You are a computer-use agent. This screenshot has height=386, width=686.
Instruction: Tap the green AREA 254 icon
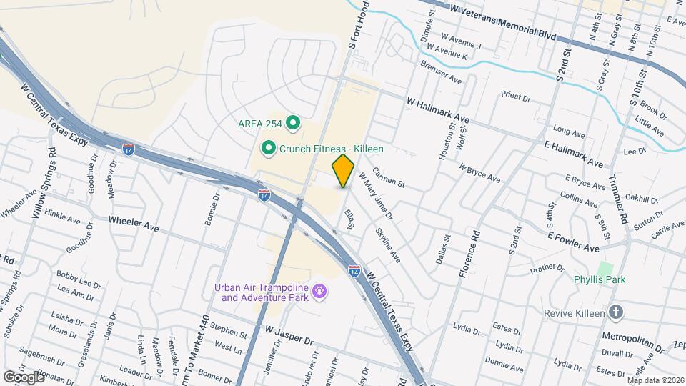(292, 124)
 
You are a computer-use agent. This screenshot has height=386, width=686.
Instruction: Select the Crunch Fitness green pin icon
(269, 149)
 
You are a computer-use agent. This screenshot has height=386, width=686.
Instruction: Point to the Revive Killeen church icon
(617, 312)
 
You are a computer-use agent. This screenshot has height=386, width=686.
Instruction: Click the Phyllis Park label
(600, 279)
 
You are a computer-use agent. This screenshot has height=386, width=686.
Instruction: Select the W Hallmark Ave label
(437, 109)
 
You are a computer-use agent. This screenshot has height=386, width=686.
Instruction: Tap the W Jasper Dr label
(289, 335)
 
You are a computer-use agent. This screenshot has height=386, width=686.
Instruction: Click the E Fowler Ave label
(573, 242)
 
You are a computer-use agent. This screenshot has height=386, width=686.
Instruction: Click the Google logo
(24, 377)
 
